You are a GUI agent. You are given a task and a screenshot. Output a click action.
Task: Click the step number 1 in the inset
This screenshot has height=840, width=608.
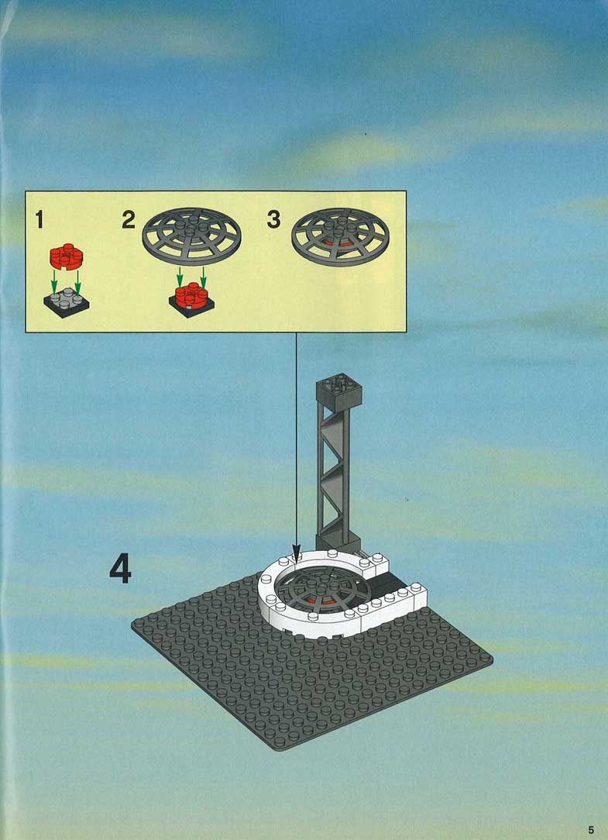coord(39,219)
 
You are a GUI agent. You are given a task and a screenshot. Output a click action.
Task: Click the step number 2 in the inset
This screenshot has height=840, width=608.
coord(129,219)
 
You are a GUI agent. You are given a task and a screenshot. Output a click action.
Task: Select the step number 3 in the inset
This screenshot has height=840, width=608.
coord(273,219)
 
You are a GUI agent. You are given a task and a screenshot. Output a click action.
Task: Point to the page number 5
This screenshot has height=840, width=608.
coord(591,830)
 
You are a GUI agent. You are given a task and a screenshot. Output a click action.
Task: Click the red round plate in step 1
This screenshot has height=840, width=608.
coord(67,256)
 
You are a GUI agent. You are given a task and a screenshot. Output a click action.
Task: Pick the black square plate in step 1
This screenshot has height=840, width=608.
coord(67,303)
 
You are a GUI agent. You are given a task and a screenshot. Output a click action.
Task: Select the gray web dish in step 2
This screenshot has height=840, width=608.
coord(192,237)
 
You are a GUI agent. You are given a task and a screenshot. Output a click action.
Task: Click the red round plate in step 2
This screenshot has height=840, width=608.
coord(191,295)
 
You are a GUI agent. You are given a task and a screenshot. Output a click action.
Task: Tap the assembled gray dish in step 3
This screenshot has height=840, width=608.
coord(341,237)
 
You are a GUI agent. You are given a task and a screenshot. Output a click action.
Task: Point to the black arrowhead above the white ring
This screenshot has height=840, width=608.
coord(296,555)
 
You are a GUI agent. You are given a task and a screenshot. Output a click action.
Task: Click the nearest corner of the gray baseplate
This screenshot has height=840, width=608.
coord(279,749)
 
